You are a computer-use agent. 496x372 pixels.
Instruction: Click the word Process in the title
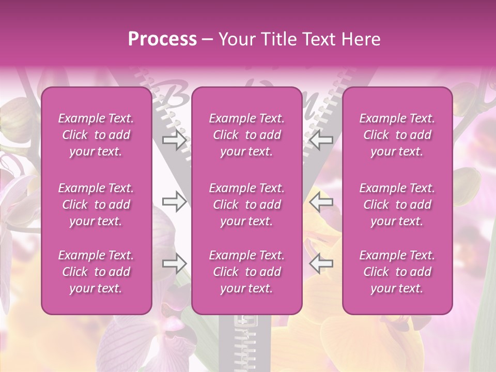162,39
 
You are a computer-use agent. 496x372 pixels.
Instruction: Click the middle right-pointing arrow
174,202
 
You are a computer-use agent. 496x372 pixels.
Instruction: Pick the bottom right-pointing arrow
174,263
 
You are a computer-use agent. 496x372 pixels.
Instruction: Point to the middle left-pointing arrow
321,202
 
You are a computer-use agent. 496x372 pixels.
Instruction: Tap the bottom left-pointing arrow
321,263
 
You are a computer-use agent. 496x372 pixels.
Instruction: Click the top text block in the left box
96,135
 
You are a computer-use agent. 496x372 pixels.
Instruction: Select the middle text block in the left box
96,205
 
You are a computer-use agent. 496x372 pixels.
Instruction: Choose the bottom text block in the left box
96,272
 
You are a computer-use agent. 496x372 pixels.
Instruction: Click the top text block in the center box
246,135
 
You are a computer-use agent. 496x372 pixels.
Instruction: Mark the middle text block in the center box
246,205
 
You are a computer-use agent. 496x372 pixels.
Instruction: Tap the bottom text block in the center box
246,272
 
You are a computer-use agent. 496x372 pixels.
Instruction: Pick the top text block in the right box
397,135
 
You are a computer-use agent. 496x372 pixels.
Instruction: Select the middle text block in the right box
397,205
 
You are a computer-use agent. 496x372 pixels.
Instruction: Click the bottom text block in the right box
397,272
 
